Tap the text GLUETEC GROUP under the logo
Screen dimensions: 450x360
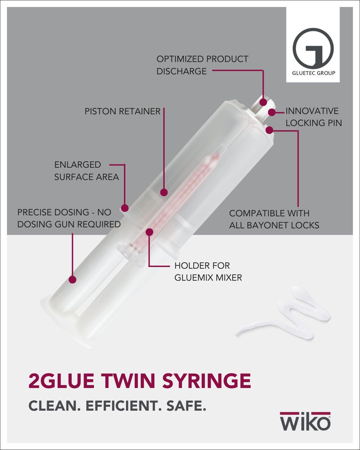313,73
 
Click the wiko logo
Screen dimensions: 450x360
305,422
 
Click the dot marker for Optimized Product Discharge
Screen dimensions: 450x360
263,102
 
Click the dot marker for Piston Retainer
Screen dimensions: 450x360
164,192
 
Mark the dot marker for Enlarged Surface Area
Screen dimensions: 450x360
125,208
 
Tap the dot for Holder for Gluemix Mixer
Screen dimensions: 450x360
149,232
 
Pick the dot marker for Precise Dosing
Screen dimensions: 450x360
72,279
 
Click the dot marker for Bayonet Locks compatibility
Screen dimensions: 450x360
269,130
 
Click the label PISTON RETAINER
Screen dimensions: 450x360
122,111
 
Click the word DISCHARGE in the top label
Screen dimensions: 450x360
182,71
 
